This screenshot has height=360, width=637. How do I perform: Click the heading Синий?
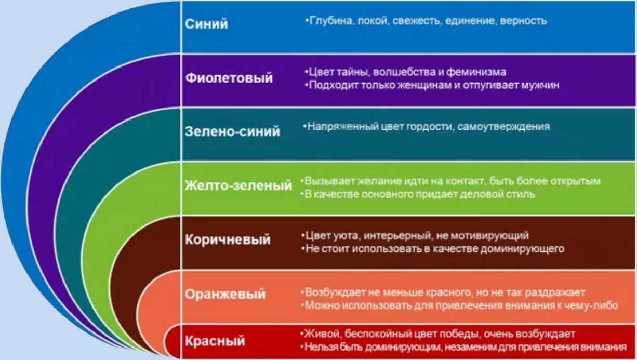(x=206, y=23)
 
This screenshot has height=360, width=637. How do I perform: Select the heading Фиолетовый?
(x=229, y=78)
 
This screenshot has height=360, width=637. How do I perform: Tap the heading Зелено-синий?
(x=232, y=131)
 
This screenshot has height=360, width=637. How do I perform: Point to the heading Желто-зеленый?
(x=238, y=185)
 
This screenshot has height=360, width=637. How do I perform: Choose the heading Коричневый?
(x=228, y=239)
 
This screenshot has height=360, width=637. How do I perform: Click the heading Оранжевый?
(x=225, y=294)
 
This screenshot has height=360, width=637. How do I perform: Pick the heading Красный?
(x=215, y=341)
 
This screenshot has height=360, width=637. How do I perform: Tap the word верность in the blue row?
(x=523, y=21)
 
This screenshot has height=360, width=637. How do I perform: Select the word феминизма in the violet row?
(x=476, y=72)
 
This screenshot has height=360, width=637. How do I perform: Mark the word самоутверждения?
(x=503, y=127)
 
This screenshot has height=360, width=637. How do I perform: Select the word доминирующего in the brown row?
(x=522, y=249)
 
